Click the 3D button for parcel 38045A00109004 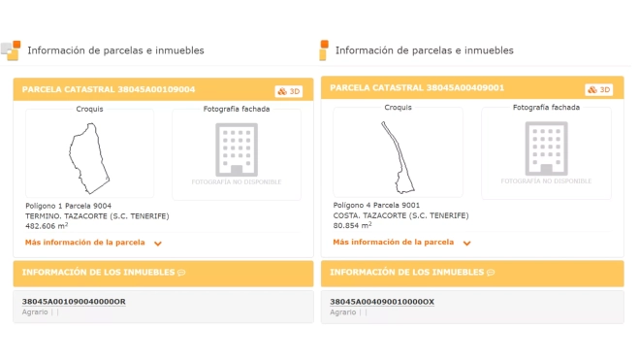289,91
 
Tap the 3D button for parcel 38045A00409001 598,89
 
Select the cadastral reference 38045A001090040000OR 74,302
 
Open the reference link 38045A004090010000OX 382,302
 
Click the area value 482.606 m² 47,226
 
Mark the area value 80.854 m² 352,225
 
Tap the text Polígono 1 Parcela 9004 68,206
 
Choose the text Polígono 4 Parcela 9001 376,205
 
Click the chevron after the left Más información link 158,244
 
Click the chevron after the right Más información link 467,243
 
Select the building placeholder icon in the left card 237,149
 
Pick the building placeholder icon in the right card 546,148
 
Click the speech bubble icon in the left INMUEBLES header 181,273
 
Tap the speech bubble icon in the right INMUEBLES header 491,273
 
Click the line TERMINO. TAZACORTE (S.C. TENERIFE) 97,216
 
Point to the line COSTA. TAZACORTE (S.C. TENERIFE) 401,215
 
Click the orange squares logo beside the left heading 11,50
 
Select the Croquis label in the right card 399,108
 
